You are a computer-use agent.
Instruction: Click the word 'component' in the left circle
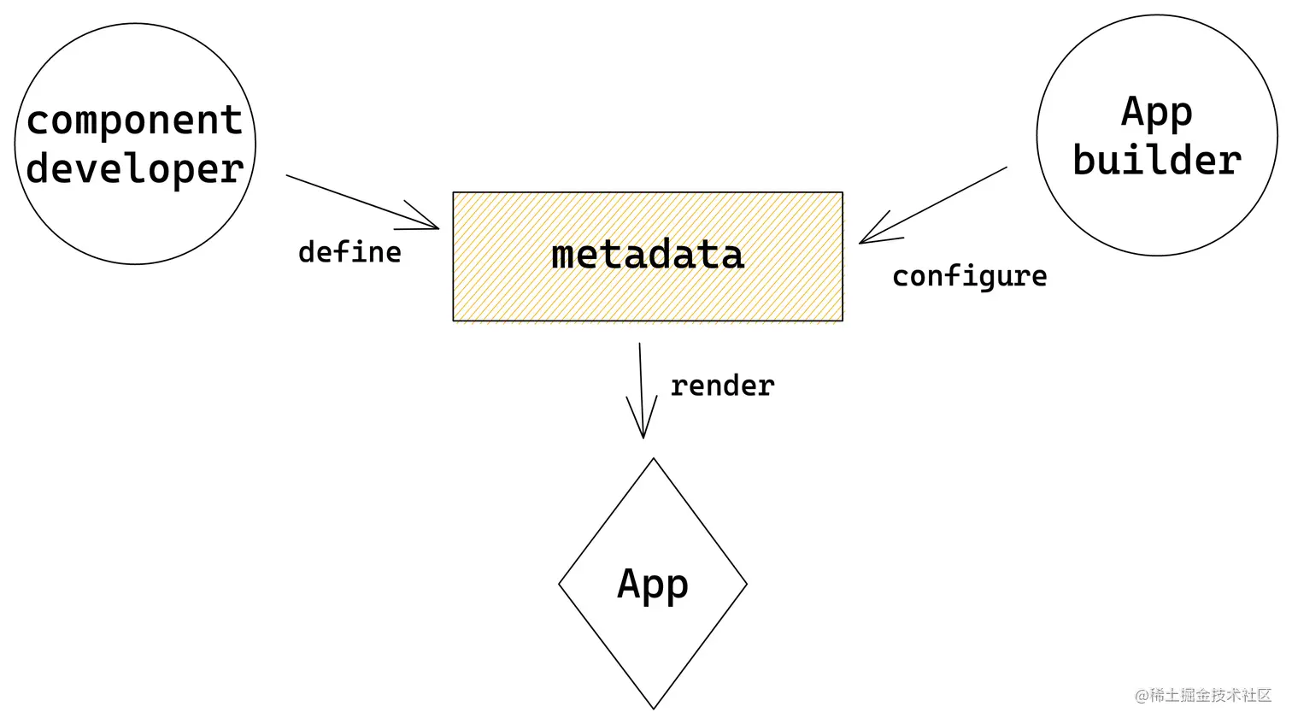[135, 121]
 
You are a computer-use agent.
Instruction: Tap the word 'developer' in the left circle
[135, 169]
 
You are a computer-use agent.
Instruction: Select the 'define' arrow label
[349, 252]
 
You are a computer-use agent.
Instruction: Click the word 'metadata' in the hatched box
[648, 255]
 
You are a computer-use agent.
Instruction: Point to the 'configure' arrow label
[969, 276]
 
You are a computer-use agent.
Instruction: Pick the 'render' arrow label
[722, 386]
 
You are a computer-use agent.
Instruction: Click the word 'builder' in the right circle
[1157, 161]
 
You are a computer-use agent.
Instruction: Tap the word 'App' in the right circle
[1157, 113]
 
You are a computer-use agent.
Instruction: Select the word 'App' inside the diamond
[653, 585]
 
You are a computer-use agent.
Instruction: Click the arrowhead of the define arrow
[435, 227]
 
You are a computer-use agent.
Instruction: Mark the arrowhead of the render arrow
[643, 434]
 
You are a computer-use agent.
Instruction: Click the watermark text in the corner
[1203, 696]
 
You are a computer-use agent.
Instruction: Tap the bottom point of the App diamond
[654, 708]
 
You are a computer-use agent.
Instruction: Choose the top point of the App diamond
[654, 460]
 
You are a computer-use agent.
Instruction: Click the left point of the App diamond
[560, 585]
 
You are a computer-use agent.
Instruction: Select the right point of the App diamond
[747, 585]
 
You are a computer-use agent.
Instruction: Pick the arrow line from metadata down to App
[641, 385]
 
